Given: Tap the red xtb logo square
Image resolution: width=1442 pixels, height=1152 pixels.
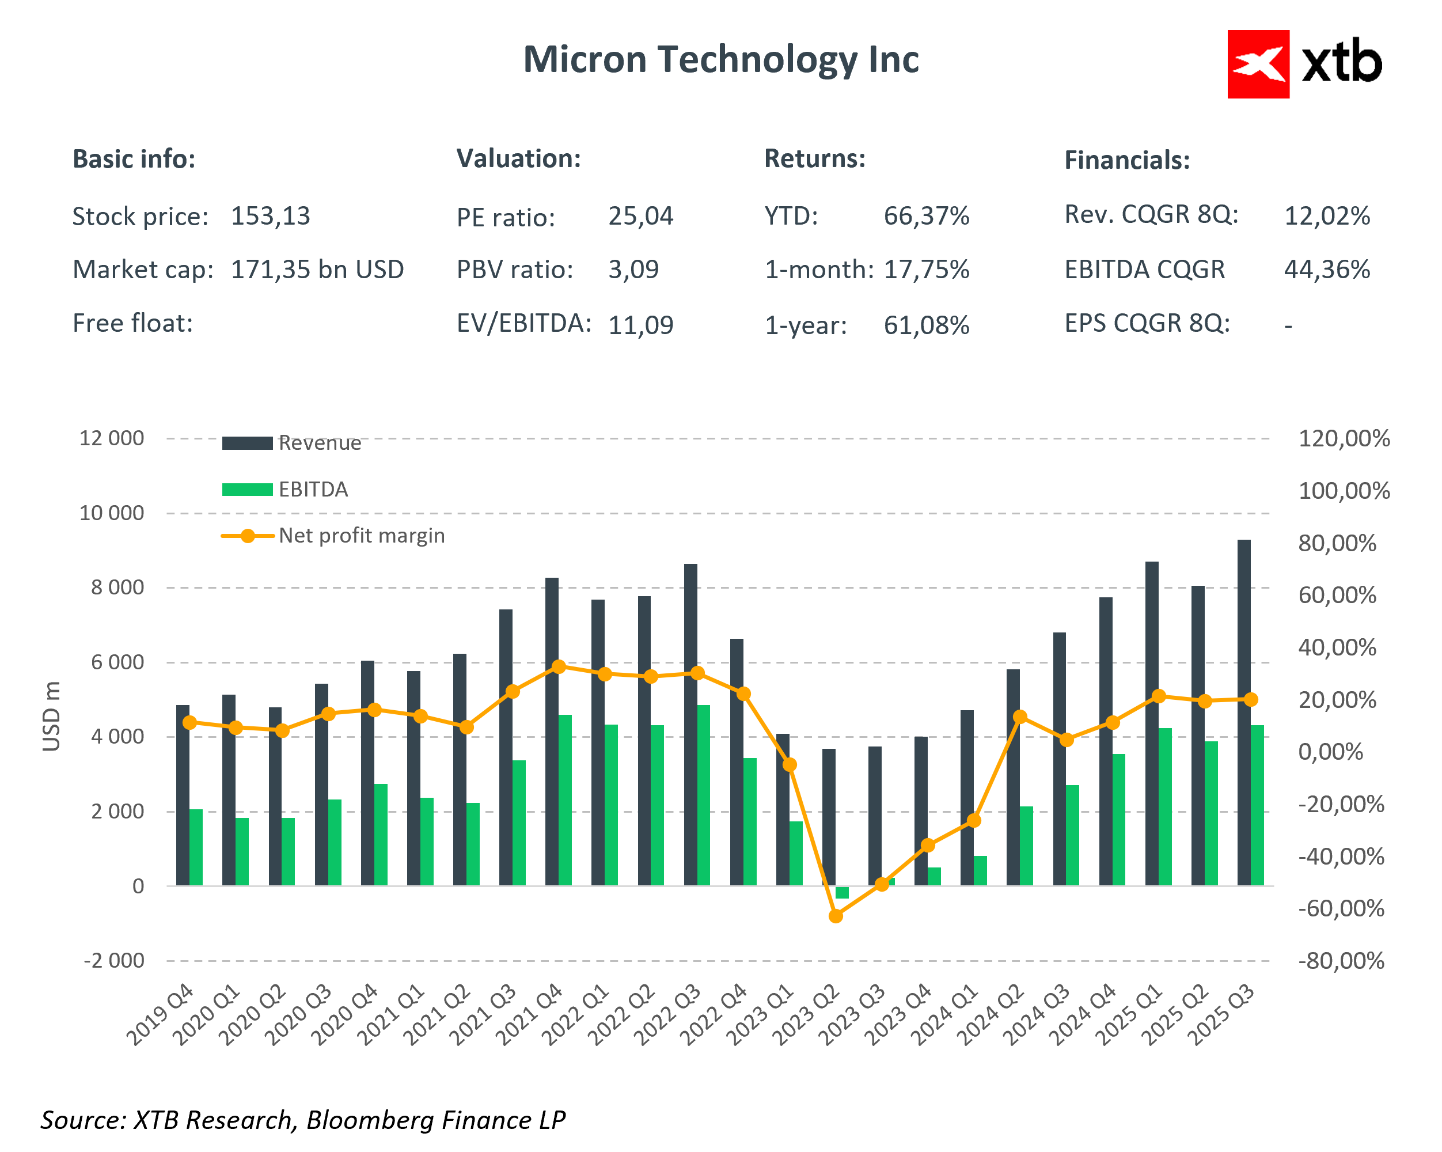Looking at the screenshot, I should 1257,64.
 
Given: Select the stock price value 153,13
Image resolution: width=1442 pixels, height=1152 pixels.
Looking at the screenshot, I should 270,216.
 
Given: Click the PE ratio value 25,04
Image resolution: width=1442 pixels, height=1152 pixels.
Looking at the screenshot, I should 640,216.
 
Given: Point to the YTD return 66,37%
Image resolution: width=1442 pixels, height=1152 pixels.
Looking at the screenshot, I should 925,216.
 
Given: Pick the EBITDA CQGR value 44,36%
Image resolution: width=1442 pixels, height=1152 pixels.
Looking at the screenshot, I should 1326,270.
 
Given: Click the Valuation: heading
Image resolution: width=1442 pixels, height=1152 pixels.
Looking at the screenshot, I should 518,158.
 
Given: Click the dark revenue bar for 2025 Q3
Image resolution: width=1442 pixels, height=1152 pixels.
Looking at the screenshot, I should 1243,713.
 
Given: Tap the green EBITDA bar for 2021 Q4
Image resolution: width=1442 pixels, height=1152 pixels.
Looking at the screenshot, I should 565,800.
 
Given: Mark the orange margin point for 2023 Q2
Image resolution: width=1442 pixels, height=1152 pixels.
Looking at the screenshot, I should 836,916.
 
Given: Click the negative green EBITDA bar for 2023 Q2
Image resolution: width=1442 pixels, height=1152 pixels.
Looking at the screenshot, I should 842,892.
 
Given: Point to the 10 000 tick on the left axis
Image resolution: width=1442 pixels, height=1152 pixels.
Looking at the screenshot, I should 112,513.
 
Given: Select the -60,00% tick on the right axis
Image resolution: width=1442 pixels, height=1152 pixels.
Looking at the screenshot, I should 1340,908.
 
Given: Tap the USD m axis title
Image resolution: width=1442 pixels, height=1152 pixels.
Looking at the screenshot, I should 51,716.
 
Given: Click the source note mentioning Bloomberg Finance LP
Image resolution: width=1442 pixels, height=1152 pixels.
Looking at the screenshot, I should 303,1120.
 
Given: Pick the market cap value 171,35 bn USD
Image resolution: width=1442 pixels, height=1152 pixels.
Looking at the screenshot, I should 317,270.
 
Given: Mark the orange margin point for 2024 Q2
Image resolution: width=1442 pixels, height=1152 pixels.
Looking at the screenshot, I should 1020,717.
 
